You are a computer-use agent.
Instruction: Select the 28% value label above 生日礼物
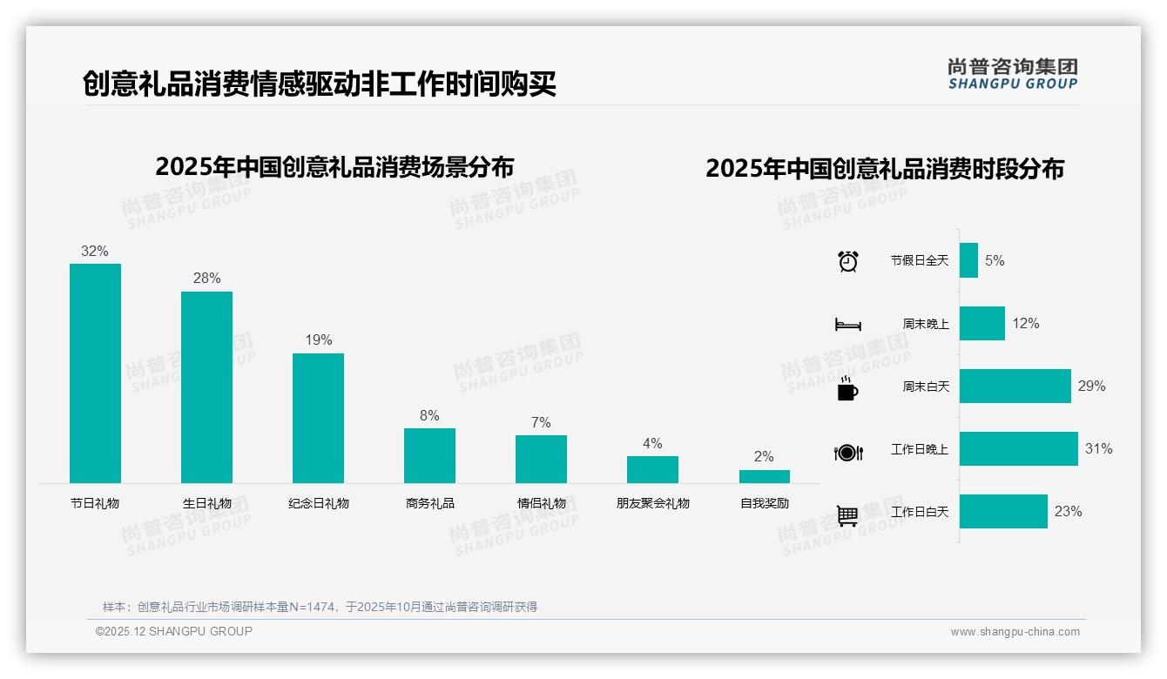click(206, 279)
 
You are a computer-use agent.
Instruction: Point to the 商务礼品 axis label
click(429, 503)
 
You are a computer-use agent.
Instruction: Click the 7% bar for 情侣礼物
click(541, 459)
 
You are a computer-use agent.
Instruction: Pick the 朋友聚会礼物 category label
click(652, 503)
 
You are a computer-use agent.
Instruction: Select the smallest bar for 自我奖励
click(764, 476)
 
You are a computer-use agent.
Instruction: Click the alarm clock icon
click(847, 261)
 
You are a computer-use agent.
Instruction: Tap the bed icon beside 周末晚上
click(847, 325)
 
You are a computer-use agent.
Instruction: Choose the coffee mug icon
click(847, 388)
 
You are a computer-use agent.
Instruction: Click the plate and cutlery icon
click(847, 452)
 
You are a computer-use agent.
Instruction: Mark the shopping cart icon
click(847, 515)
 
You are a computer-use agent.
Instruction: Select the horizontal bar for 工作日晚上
click(1018, 449)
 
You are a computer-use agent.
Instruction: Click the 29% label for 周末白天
click(1091, 386)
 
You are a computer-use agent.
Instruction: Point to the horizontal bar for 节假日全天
click(968, 260)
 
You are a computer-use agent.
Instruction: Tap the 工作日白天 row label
click(919, 512)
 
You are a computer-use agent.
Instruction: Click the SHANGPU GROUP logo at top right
click(1013, 74)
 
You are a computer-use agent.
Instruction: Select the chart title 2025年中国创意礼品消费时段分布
click(885, 169)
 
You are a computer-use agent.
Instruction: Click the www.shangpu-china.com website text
click(1015, 632)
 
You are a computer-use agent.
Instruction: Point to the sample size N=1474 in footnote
click(310, 607)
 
